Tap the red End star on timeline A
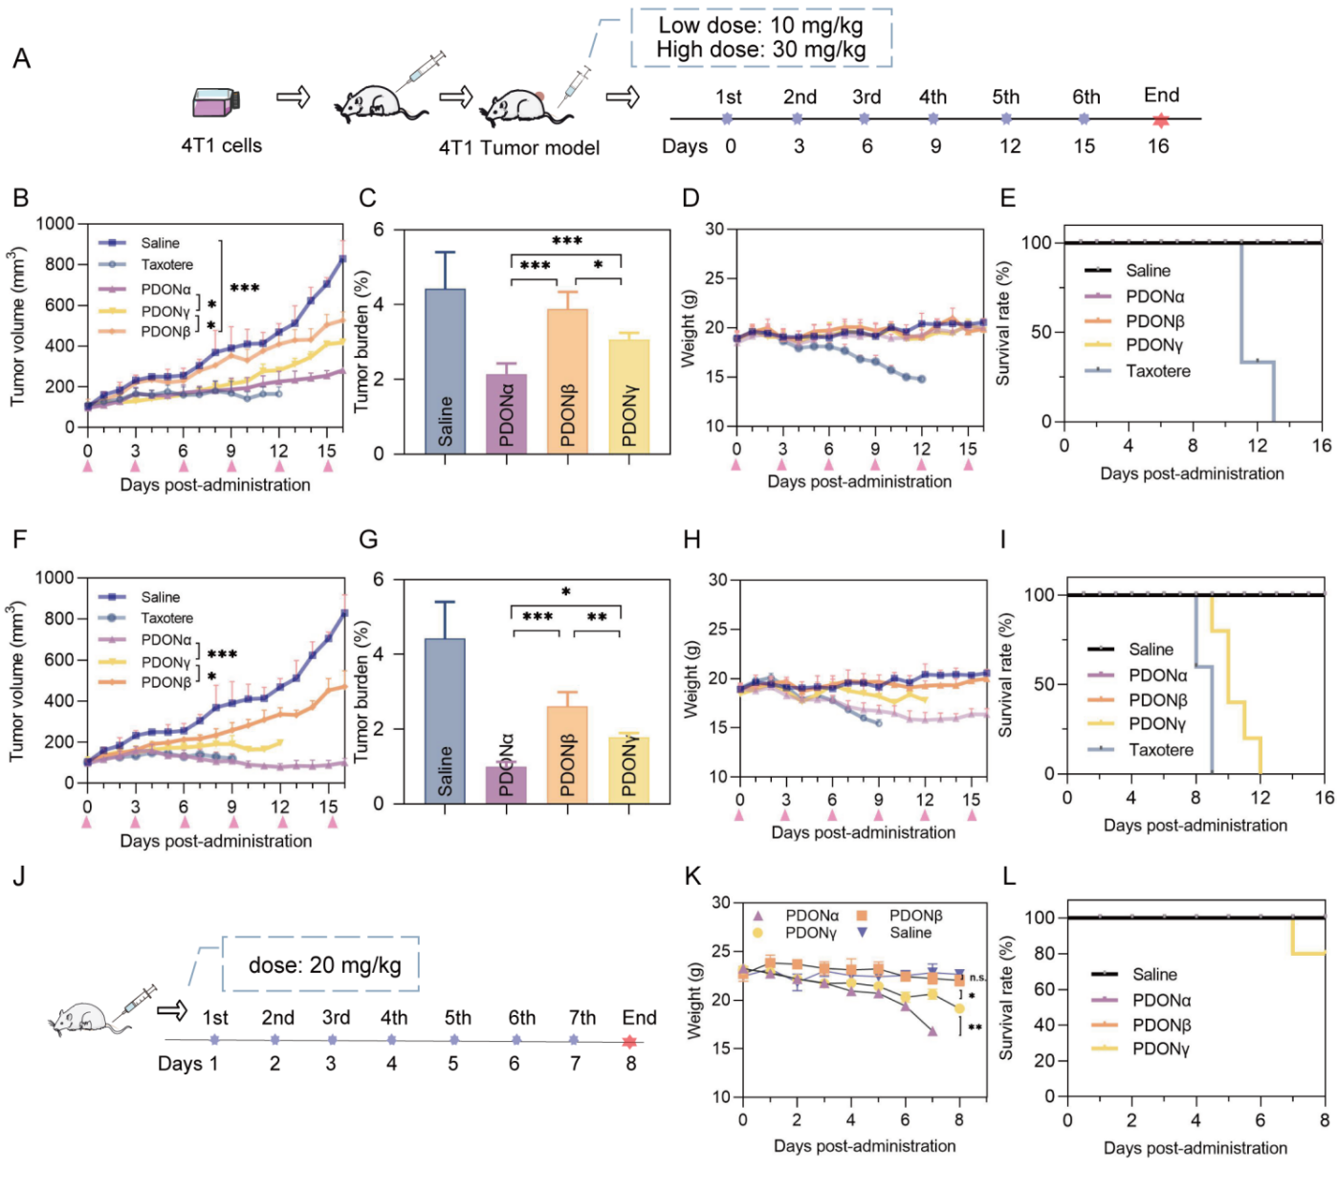click(1160, 121)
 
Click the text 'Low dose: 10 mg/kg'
click(760, 25)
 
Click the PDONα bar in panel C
click(506, 413)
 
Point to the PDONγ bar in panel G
click(628, 769)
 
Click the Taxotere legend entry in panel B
click(166, 265)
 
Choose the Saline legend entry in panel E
click(1148, 271)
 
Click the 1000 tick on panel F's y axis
click(55, 578)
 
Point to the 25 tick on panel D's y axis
click(714, 278)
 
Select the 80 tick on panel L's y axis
click(1043, 954)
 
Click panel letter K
click(693, 877)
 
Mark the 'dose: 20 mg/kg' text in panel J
click(324, 964)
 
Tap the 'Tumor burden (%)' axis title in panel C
click(362, 342)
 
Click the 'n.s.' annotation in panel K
click(977, 978)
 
